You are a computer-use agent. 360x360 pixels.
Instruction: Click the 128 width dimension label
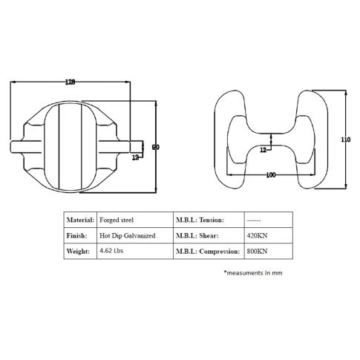coord(70,82)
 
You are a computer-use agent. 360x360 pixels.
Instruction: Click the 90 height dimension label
coord(156,147)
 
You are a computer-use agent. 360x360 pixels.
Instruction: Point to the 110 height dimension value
coord(346,140)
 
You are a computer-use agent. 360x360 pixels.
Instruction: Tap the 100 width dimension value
coord(271,175)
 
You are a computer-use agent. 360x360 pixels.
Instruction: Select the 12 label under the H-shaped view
coord(263,150)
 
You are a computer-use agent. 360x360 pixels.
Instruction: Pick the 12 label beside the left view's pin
coord(135,157)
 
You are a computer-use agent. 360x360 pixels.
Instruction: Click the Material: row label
coord(80,220)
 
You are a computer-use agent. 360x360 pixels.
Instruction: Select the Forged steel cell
coord(117,220)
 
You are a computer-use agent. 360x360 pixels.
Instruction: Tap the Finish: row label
coord(76,235)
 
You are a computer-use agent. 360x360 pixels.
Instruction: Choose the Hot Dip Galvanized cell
coord(128,236)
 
